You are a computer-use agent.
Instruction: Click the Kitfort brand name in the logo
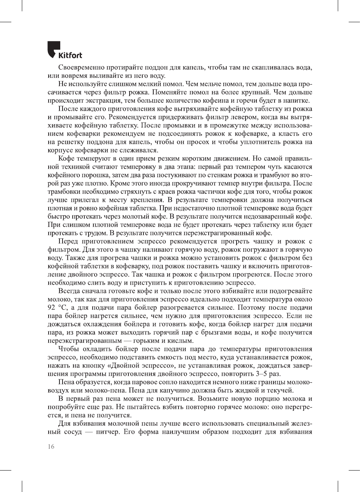click(x=70, y=56)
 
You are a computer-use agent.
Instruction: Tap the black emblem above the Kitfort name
click(x=54, y=48)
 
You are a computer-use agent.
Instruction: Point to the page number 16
click(x=51, y=446)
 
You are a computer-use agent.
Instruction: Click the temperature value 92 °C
click(x=57, y=308)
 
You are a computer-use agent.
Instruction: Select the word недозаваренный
click(x=269, y=216)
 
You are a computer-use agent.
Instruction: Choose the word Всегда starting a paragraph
click(x=69, y=291)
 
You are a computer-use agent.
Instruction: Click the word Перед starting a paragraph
click(x=68, y=241)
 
